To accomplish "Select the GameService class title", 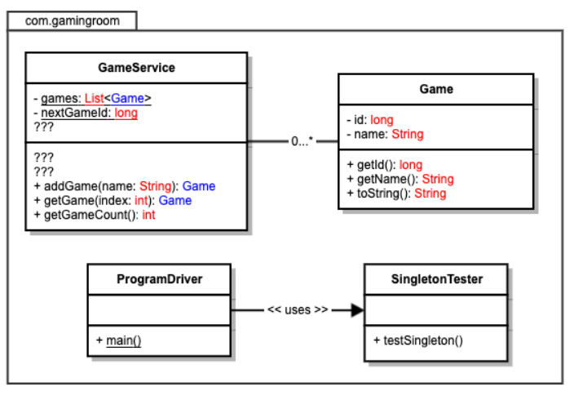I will click(135, 68).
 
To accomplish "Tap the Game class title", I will click(436, 88).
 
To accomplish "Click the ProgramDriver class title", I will click(159, 279).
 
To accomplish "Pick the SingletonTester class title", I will click(435, 279).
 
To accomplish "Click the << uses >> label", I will click(298, 310).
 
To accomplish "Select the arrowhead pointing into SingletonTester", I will click(356, 310).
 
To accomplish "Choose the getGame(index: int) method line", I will click(113, 200).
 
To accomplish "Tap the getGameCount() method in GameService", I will click(95, 215).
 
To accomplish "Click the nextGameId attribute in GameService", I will click(86, 113).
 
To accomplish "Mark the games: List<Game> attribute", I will click(92, 99).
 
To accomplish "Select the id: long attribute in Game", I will click(370, 120).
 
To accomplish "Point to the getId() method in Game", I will click(384, 165).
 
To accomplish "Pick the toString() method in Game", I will click(396, 194).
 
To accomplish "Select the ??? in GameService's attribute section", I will click(44, 127).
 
